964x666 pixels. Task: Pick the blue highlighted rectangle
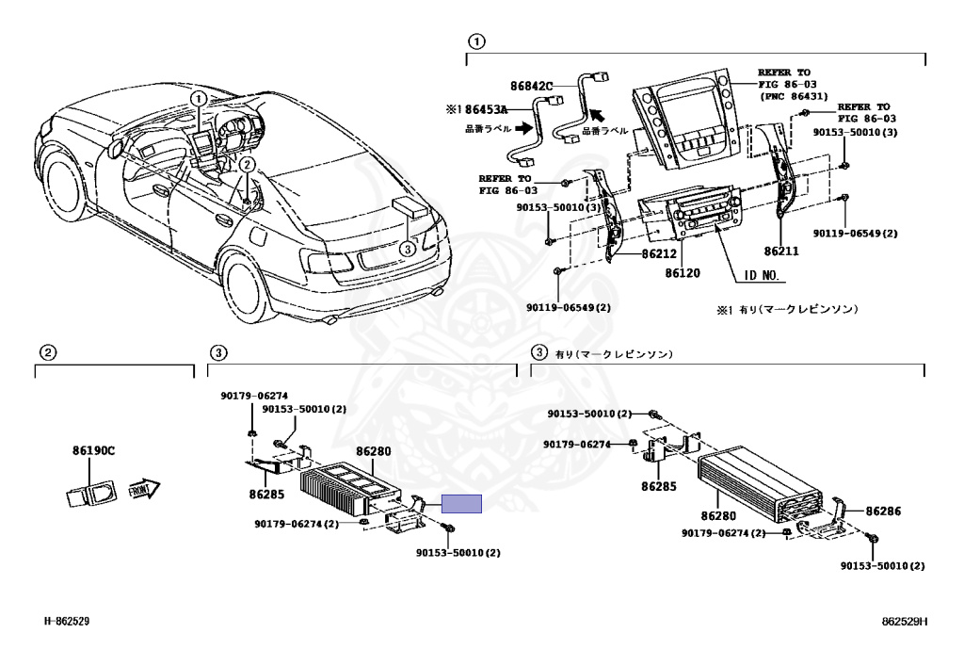point(462,504)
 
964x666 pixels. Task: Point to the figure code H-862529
point(67,622)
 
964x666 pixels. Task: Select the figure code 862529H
point(905,622)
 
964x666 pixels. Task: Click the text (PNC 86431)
point(795,95)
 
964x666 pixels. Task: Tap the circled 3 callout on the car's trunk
point(406,249)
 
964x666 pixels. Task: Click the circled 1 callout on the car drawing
point(198,98)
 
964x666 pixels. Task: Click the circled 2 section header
point(47,353)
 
